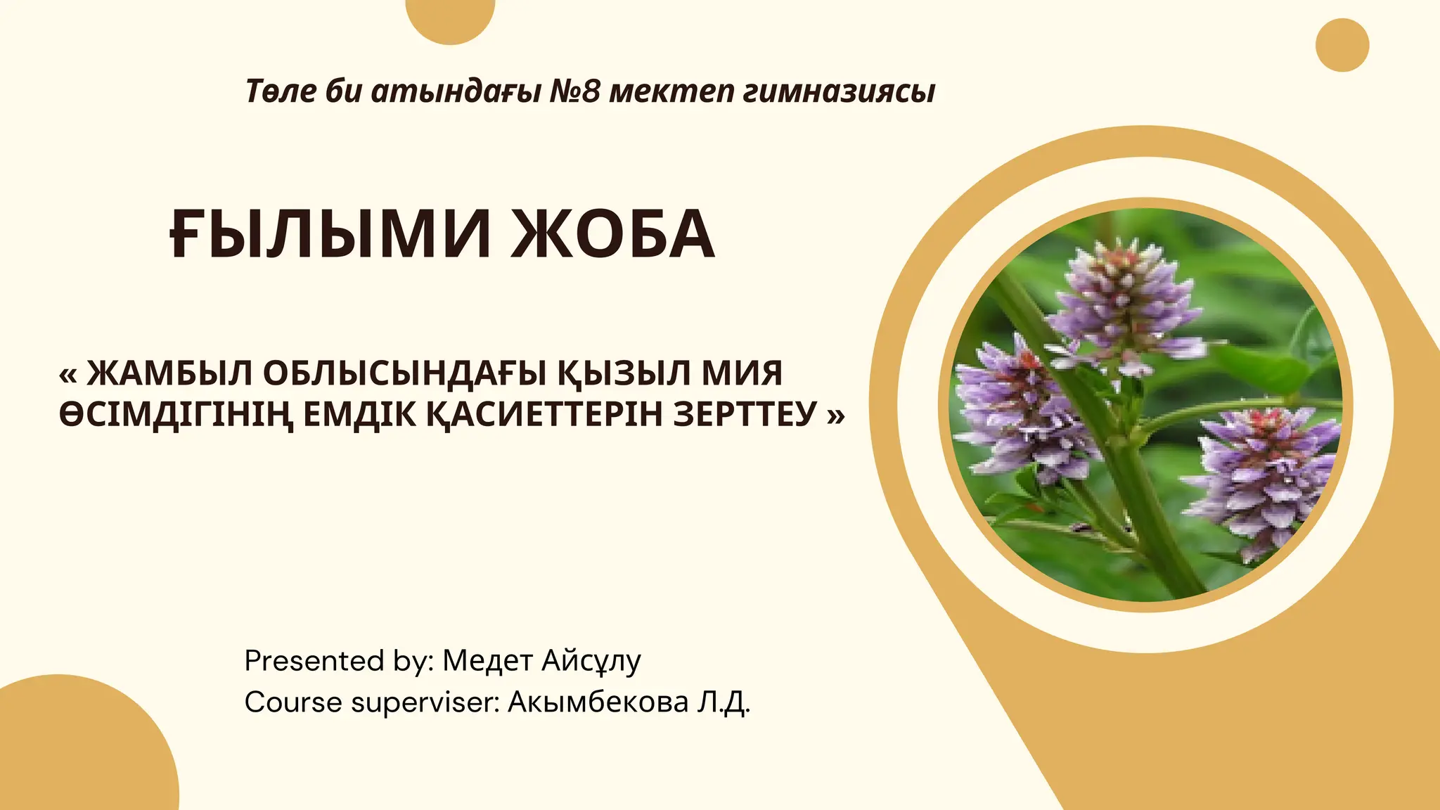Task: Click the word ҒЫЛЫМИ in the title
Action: pyautogui.click(x=330, y=235)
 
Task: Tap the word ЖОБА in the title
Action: pyautogui.click(x=612, y=235)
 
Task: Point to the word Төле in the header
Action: pyautogui.click(x=280, y=91)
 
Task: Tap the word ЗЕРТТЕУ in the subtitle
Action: pyautogui.click(x=745, y=414)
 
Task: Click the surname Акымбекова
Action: pyautogui.click(x=598, y=702)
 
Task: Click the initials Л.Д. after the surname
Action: pyautogui.click(x=724, y=702)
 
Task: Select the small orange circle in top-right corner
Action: pyautogui.click(x=1342, y=45)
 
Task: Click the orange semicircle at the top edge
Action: pyautogui.click(x=451, y=18)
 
